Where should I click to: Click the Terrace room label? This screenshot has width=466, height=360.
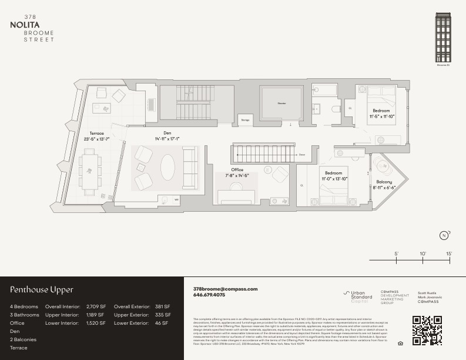pyautogui.click(x=96, y=133)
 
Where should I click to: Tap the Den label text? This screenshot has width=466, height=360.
pyautogui.click(x=167, y=133)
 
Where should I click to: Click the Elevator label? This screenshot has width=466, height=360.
pyautogui.click(x=282, y=104)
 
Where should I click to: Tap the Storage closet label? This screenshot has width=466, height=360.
pyautogui.click(x=245, y=119)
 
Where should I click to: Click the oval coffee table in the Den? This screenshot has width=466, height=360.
pyautogui.click(x=167, y=168)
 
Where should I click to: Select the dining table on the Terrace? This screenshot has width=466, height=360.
pyautogui.click(x=90, y=170)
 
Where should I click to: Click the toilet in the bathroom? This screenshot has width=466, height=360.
pyautogui.click(x=336, y=108)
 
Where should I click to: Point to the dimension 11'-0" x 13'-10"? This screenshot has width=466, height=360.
pyautogui.click(x=335, y=178)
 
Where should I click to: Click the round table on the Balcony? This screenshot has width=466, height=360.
pyautogui.click(x=378, y=161)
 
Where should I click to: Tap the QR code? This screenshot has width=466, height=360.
pyautogui.click(x=427, y=330)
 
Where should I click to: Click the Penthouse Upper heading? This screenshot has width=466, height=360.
pyautogui.click(x=41, y=290)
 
